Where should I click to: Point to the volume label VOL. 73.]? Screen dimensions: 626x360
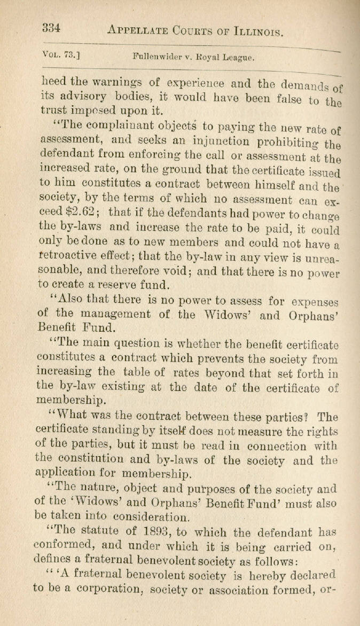pyautogui.click(x=60, y=53)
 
